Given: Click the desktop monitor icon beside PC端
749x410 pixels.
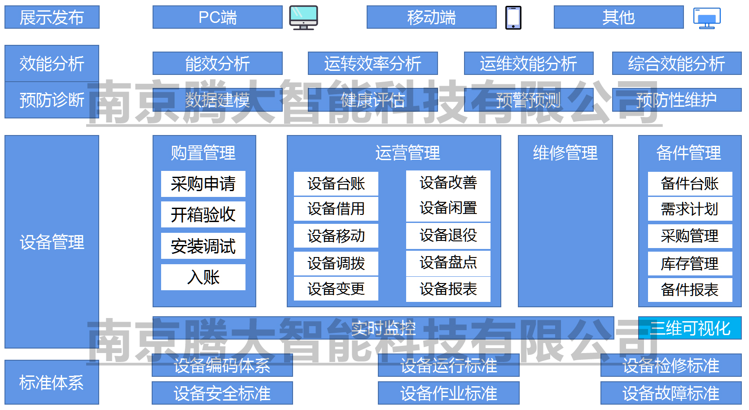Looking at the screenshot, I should (303, 17).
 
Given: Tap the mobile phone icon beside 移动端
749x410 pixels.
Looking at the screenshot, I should (513, 18).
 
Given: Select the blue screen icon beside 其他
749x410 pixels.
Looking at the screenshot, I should (707, 18).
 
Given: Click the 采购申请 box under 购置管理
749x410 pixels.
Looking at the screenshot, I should (203, 184).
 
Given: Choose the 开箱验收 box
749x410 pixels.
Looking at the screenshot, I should (203, 214).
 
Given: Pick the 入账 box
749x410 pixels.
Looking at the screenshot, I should (203, 277).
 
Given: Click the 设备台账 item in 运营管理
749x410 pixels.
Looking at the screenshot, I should (336, 184).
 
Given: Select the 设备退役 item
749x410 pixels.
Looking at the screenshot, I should (448, 236).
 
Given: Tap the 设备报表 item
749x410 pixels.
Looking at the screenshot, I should (448, 289).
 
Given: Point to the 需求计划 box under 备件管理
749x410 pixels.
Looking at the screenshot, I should (690, 209).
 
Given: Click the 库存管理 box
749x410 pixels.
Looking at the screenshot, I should (690, 264).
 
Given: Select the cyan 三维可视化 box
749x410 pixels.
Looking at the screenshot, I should (690, 328).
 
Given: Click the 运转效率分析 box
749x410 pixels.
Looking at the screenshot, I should (372, 63).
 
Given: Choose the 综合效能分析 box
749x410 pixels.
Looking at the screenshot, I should (676, 63).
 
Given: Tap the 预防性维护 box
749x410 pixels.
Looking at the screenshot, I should (676, 100).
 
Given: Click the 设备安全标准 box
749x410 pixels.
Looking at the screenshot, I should (222, 393).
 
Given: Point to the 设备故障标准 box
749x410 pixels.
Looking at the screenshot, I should (671, 393).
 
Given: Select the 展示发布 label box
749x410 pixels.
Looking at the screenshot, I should (52, 17).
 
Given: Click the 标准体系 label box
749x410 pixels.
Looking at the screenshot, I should (52, 382).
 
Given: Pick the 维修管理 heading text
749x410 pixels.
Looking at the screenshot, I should (565, 153).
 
